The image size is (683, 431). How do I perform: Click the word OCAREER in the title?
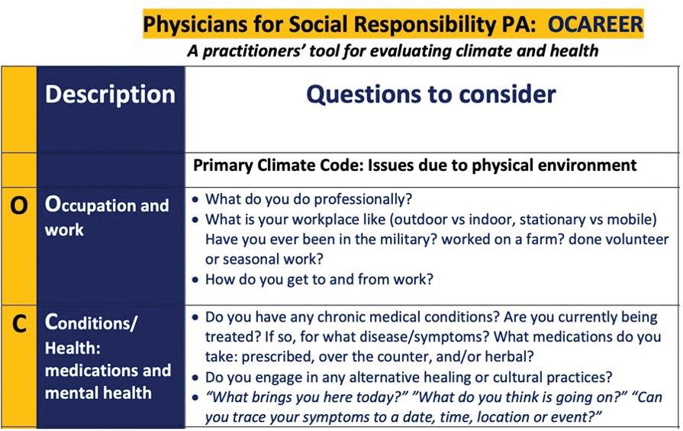(595, 24)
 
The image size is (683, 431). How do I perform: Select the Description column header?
(110, 95)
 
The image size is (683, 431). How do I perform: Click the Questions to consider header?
(431, 94)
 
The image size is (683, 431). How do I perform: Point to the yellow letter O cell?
(19, 246)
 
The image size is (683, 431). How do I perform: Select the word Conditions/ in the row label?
(91, 323)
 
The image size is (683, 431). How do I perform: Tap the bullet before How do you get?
(195, 279)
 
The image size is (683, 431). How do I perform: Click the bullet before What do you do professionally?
(195, 200)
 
